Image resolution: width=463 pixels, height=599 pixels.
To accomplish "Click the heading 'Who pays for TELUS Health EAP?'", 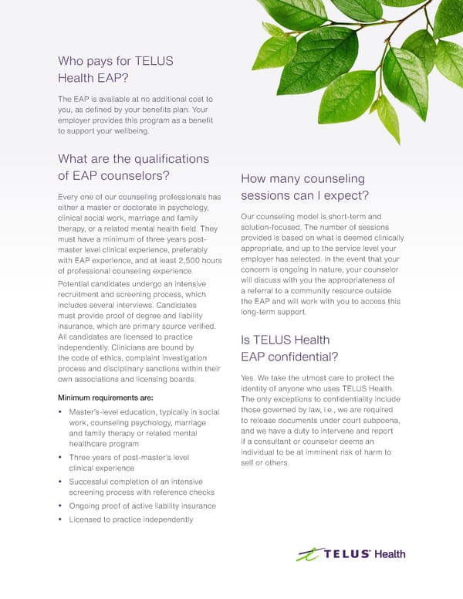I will pos(115,69).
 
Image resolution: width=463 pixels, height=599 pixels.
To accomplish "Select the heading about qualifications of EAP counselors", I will pos(133,167).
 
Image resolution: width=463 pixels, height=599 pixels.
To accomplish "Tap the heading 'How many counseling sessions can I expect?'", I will pos(305,186).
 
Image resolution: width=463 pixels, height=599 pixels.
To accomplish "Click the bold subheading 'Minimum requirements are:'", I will pos(106,398).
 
